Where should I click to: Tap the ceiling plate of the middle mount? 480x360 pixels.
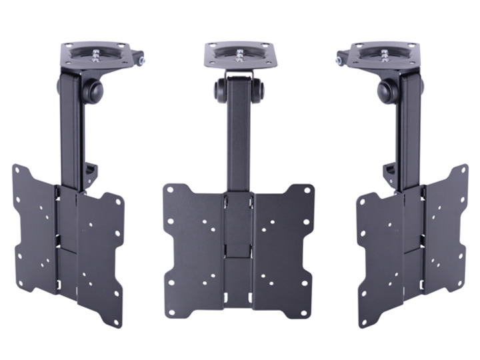click(x=239, y=55)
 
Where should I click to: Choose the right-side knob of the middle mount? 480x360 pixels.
click(x=259, y=89)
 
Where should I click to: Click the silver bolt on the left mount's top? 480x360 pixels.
click(x=142, y=61)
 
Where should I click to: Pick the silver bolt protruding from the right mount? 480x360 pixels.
click(x=339, y=61)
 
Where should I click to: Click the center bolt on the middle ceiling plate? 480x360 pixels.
click(x=239, y=53)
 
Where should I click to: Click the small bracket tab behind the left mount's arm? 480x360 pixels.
click(x=91, y=173)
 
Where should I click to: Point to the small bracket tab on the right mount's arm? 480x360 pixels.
click(x=389, y=174)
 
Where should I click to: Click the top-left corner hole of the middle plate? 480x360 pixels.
click(x=171, y=190)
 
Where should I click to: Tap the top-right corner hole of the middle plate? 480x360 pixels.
click(x=307, y=189)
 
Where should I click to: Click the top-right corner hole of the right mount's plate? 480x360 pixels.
click(x=462, y=169)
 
